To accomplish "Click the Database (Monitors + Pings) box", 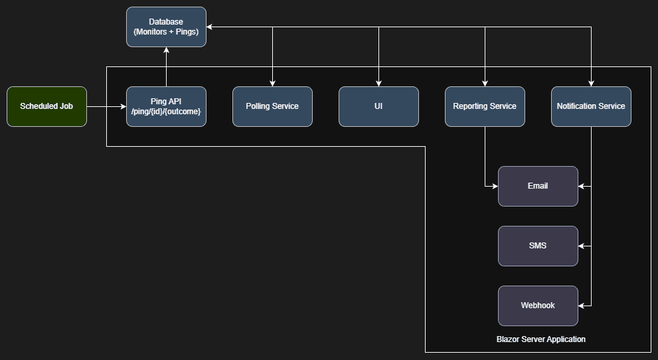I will [166, 27].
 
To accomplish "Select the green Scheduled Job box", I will [46, 106].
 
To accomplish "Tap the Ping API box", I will [166, 106].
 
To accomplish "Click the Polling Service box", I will [272, 106].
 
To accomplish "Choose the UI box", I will [378, 106].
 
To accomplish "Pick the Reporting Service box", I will [485, 106].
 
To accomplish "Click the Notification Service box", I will [591, 106].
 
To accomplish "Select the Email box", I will [538, 186].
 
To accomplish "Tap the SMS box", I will [538, 246].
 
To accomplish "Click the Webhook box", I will [538, 306].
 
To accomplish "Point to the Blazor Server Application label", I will [540, 339].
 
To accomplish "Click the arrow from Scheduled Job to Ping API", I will [106, 106].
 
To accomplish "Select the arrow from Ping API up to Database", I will [166, 67].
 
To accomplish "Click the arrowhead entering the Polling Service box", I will [272, 83].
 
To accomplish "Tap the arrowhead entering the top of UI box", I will [378, 83].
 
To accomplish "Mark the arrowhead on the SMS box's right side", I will [582, 246].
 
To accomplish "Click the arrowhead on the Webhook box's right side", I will [582, 306].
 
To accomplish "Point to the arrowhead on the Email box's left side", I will [495, 186].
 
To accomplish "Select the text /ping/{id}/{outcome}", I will [166, 112].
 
